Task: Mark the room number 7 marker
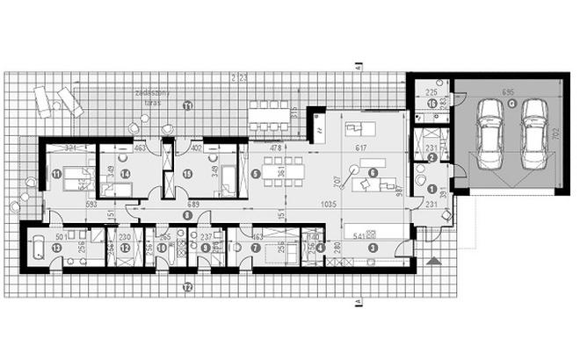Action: click(x=256, y=248)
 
